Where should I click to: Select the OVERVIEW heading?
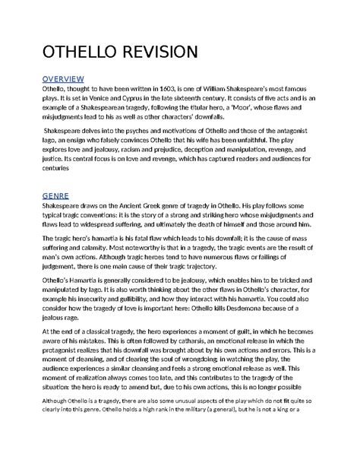coord(63,78)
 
